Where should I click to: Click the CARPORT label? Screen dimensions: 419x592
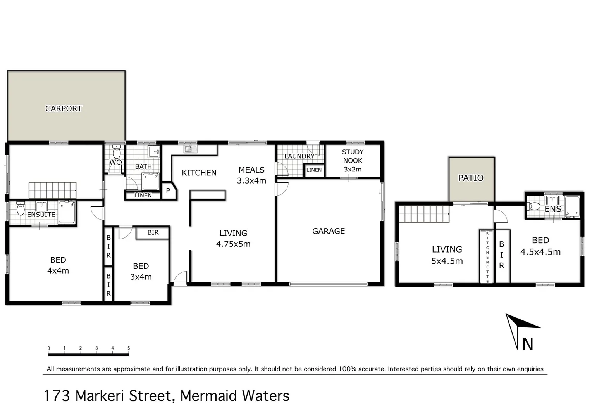pos(64,109)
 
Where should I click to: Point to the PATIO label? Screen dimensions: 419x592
pos(471,178)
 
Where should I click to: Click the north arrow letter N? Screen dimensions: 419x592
pos(528,344)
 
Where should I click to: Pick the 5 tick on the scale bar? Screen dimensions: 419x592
pos(129,348)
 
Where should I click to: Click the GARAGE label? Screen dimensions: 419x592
pos(328,231)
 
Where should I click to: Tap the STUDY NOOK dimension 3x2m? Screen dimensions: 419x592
pos(353,169)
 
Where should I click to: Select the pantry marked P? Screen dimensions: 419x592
pos(168,191)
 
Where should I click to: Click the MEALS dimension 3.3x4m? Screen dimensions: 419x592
pos(251,180)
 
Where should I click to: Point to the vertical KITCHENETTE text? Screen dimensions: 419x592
pos(487,257)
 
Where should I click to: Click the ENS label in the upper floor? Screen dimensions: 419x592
pos(553,209)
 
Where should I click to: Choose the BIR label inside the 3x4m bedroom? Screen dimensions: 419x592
pos(153,233)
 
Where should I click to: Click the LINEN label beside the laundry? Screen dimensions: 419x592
pos(314,170)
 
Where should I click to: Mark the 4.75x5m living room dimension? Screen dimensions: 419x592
pos(233,244)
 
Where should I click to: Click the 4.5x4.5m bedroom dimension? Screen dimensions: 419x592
pos(540,252)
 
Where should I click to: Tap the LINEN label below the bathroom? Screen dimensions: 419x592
pos(143,195)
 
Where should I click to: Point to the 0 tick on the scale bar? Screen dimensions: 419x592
pos(49,348)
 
